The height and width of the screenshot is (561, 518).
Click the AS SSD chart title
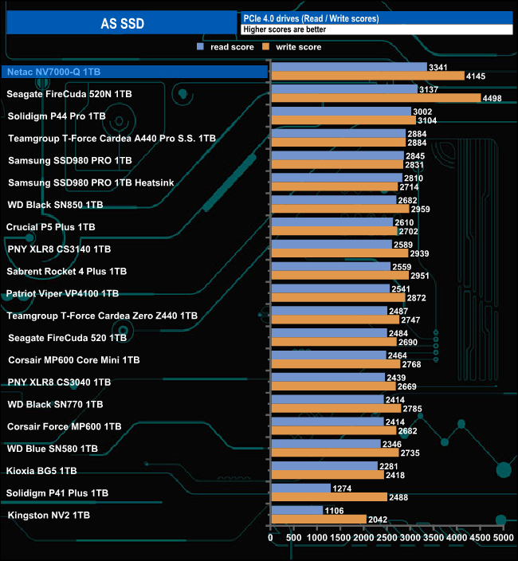point(122,23)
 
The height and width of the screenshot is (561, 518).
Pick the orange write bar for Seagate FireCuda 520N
point(375,98)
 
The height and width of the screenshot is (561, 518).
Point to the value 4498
point(493,98)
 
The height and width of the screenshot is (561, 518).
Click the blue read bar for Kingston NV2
point(296,510)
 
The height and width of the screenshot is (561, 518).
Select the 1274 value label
point(343,488)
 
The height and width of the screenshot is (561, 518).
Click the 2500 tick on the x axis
point(387,539)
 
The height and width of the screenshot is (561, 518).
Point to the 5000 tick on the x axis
point(503,539)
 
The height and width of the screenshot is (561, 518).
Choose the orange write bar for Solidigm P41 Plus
point(328,496)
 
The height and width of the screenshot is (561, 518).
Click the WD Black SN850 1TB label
point(55,205)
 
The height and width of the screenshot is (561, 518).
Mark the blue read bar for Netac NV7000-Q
point(348,67)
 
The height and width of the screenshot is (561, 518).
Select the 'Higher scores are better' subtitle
point(284,29)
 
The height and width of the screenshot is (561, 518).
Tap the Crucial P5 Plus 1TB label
point(50,227)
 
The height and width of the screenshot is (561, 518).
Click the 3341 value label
point(438,67)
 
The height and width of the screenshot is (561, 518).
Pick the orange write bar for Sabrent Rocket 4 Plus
point(339,276)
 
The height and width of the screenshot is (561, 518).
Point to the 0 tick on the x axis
point(271,539)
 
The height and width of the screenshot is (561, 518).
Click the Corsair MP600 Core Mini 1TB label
point(73,360)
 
